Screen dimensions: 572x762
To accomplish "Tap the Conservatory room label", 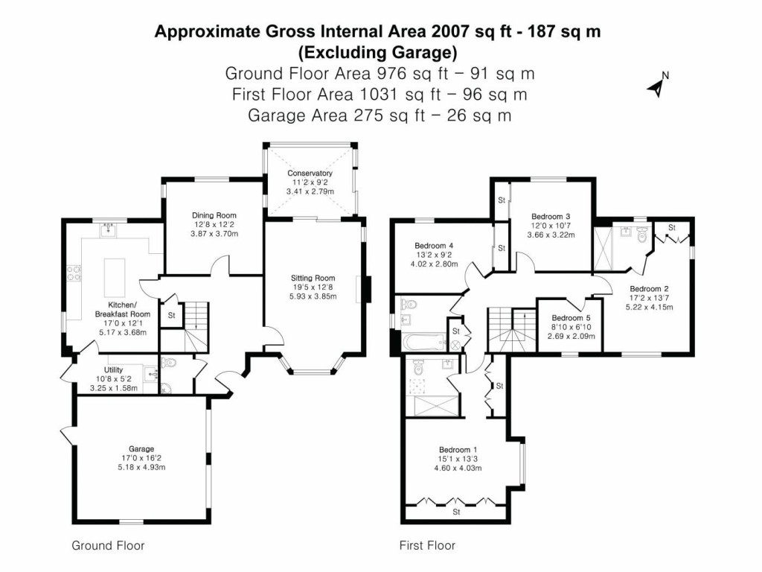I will pos(310,174).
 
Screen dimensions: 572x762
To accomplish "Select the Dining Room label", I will pos(214,215).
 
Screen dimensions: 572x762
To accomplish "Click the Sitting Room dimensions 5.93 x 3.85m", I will pos(313,296).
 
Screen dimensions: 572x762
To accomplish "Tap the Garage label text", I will pos(141,449).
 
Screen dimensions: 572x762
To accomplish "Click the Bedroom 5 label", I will pos(566,318).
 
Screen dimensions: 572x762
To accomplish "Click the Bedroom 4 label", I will pos(433,246).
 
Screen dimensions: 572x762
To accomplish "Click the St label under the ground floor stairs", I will pos(171,314).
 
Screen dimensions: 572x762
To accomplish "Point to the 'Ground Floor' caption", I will pos(108,546).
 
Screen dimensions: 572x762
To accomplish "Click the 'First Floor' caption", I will pos(427,546).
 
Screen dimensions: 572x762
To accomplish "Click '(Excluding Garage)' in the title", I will pos(377,52).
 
